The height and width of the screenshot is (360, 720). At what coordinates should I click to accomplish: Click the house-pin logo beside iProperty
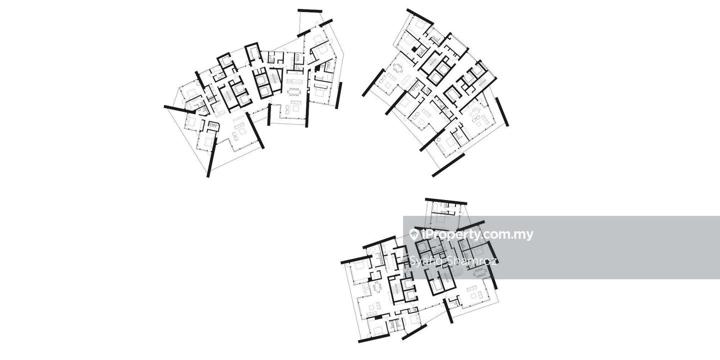(x=413, y=234)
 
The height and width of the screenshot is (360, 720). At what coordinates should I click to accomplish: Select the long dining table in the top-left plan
(x=294, y=91)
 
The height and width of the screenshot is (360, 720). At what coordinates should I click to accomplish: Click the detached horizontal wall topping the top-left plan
(x=310, y=10)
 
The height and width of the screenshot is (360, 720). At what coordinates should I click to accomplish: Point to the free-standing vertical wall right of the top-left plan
(x=339, y=95)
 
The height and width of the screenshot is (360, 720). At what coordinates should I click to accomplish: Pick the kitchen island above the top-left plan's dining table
(x=294, y=81)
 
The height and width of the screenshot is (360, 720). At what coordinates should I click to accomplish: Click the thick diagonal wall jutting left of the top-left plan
(x=179, y=109)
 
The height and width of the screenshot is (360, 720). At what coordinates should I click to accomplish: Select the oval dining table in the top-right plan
(x=397, y=68)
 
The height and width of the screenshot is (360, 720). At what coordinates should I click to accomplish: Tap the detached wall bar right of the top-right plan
(x=502, y=111)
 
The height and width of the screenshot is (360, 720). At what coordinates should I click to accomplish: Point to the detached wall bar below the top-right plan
(x=448, y=165)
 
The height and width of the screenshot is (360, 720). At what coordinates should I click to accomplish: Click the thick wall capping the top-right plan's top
(x=420, y=16)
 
